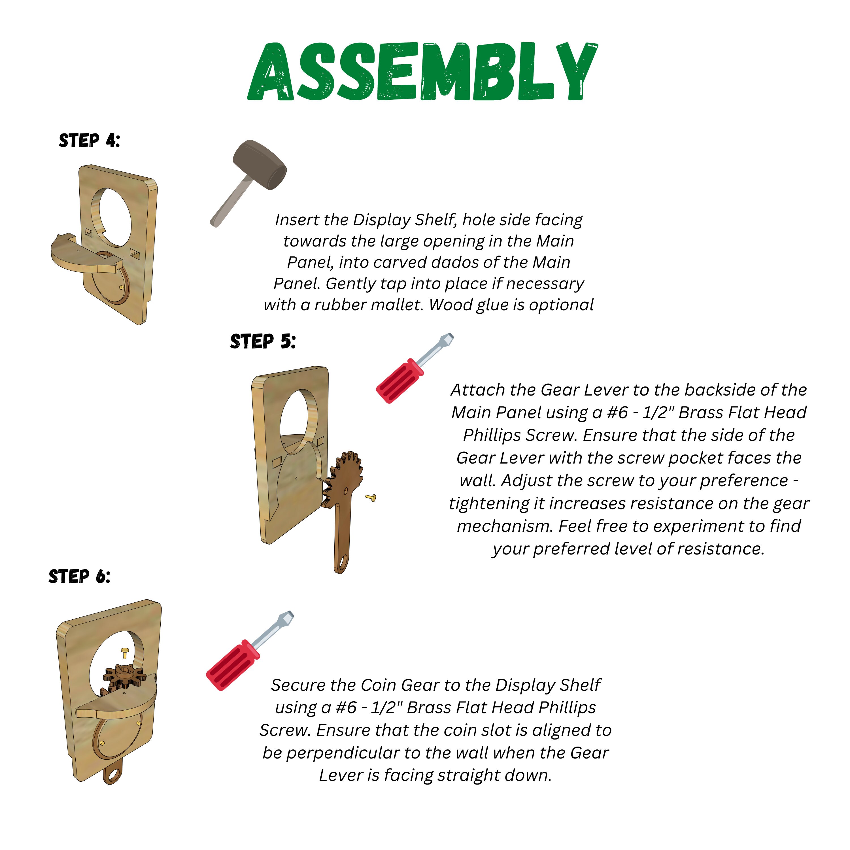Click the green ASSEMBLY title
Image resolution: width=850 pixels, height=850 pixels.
[422, 71]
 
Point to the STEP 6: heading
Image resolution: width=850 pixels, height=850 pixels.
[79, 576]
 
